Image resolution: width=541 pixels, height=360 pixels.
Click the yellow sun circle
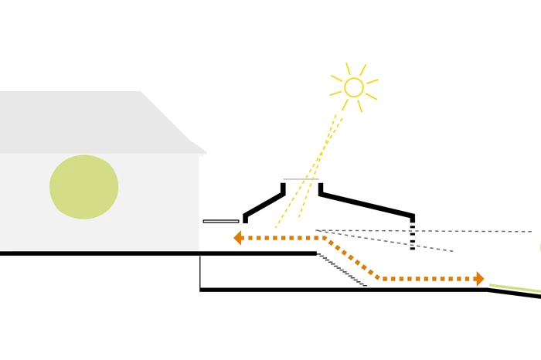354,87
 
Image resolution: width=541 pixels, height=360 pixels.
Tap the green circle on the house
83,187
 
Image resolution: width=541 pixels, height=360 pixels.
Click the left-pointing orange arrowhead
239,238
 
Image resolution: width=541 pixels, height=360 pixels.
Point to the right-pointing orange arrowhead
480,279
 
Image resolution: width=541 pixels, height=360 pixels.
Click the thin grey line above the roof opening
301,179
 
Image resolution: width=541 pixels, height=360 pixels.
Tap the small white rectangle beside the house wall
221,222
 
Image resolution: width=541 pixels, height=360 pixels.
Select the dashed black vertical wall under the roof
413,233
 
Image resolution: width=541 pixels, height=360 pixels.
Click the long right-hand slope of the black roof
367,205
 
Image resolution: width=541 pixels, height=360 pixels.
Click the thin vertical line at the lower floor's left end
200,271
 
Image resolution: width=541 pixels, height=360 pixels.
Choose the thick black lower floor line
340,290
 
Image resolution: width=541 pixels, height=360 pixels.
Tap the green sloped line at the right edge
514,290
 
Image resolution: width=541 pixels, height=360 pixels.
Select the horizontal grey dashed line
464,231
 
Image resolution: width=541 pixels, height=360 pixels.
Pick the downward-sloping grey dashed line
386,240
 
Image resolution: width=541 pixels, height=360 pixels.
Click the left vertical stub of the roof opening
283,188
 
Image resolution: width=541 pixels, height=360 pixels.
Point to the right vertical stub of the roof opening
321,188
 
